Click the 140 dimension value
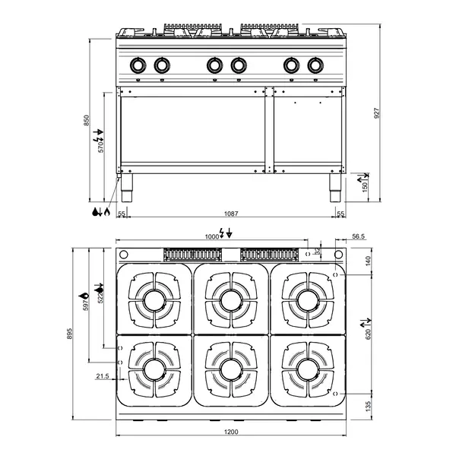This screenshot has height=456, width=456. coord(369,261)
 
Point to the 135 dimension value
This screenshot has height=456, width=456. coord(369,405)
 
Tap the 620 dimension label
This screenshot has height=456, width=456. coord(369,333)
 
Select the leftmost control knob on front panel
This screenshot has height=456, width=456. coord(138,66)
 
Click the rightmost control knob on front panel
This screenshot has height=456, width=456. coord(314,66)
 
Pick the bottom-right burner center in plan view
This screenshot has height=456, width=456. coord(307,370)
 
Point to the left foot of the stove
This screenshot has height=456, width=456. coord(127,188)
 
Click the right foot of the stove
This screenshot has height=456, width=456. coord(335,188)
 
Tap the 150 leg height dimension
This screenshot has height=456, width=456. coord(364,185)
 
